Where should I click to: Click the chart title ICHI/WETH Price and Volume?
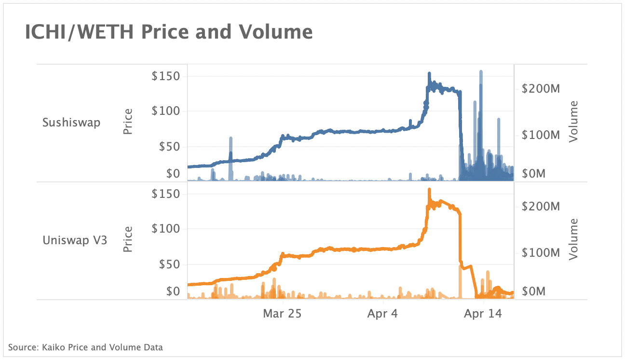(169, 32)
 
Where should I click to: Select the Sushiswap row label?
(71, 122)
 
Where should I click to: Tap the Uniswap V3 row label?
(75, 240)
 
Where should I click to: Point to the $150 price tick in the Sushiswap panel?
(166, 76)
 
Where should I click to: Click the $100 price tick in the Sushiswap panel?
(166, 111)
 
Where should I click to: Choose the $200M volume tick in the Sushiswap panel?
(541, 88)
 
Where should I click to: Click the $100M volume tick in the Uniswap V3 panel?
(541, 252)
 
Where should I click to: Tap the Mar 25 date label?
(282, 314)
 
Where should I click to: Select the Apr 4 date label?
(382, 314)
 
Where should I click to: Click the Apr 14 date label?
(483, 314)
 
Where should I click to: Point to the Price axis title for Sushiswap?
(128, 122)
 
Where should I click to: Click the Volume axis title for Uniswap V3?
(573, 239)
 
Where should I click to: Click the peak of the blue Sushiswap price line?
(429, 74)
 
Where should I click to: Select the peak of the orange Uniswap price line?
(429, 190)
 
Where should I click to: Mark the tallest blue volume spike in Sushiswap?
(481, 72)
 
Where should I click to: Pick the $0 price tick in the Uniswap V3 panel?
(172, 291)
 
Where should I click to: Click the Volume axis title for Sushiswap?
(573, 122)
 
